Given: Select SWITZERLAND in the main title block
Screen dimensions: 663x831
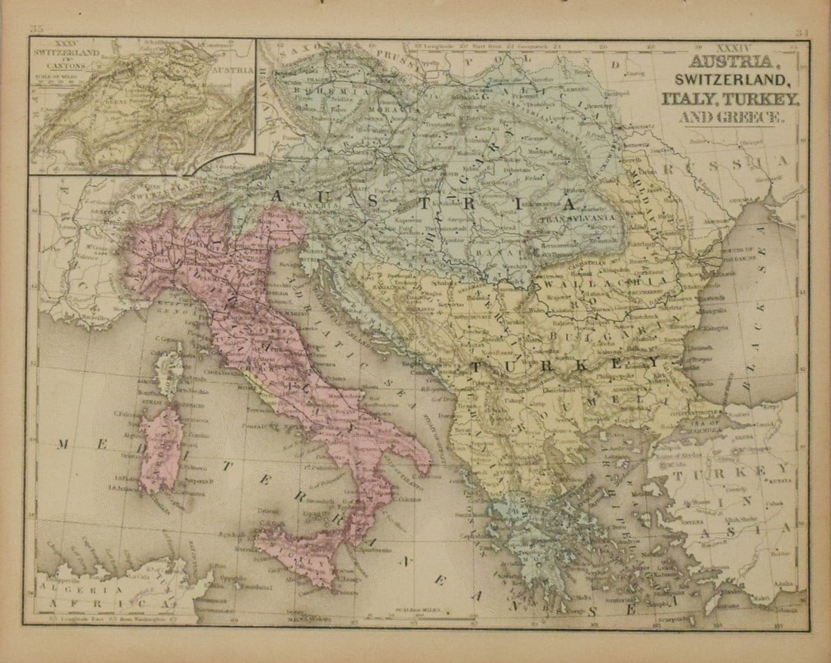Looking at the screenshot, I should coord(728,80).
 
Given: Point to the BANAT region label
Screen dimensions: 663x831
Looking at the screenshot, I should coord(507,248).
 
